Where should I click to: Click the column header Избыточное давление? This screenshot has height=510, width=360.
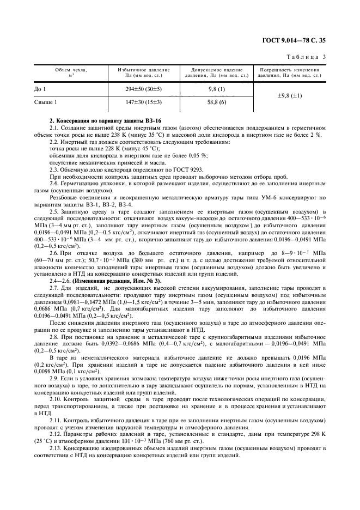pos(144,72)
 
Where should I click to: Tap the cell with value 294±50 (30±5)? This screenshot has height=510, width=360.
pos(144,87)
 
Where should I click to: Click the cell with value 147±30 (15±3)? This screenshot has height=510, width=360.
pos(144,101)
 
